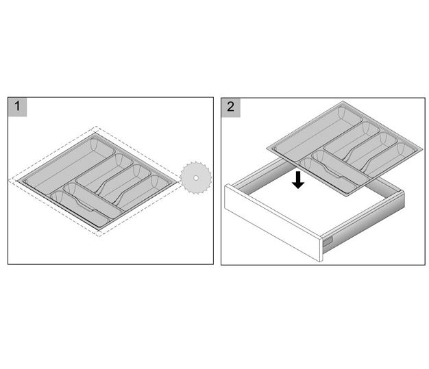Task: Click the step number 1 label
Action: click(x=16, y=107)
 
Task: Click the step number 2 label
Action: click(x=231, y=107)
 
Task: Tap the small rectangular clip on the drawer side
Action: click(x=328, y=240)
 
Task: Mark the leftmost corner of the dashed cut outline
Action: click(x=10, y=180)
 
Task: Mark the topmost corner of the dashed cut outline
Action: click(x=97, y=127)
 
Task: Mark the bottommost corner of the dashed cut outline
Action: click(x=100, y=235)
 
